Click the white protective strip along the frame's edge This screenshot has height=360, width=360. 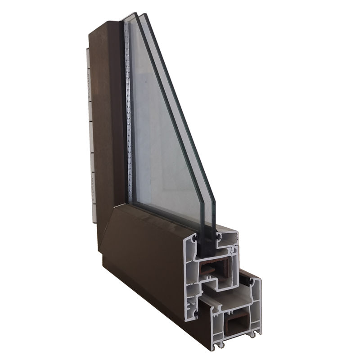(90, 135)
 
